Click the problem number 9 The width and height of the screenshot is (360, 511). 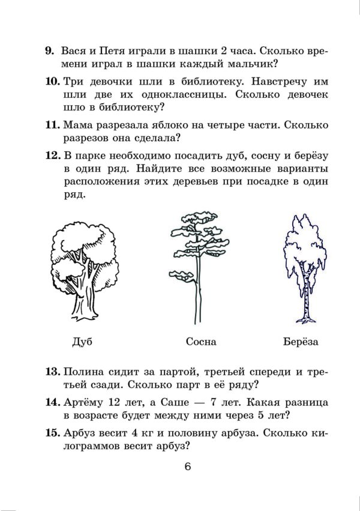click(x=49, y=51)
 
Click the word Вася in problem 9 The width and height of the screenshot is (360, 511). click(x=74, y=51)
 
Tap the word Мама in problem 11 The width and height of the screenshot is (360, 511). click(x=77, y=125)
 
